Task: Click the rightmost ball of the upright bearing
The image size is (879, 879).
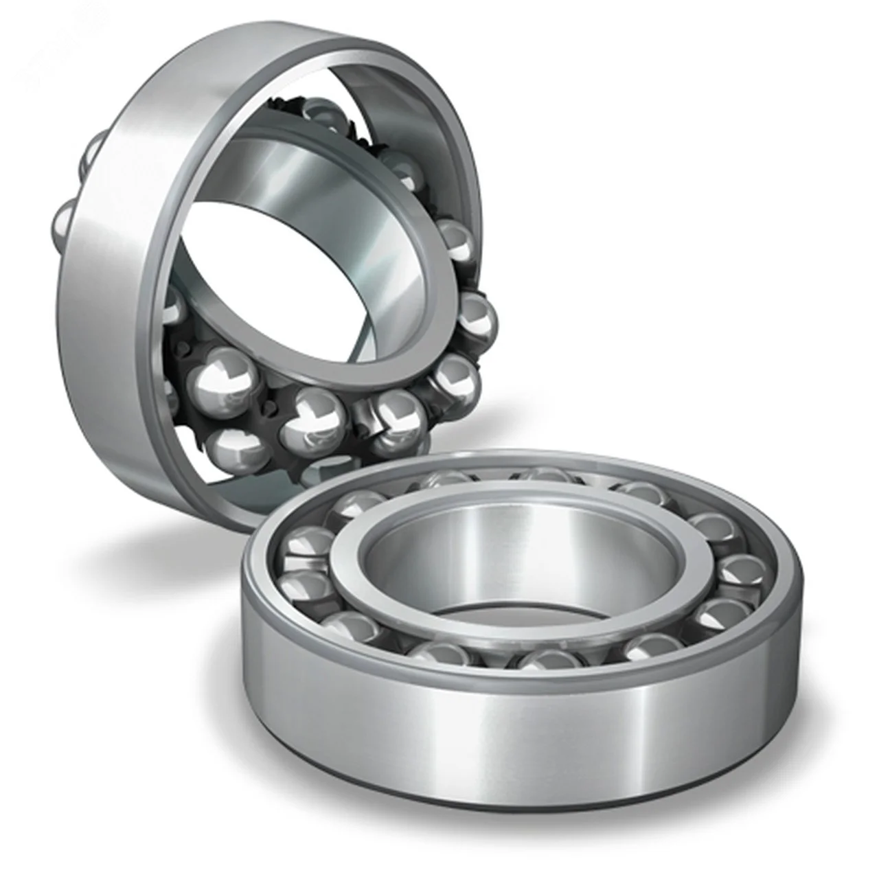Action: click(x=477, y=315)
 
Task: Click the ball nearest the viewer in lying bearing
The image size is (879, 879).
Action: click(x=543, y=663)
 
